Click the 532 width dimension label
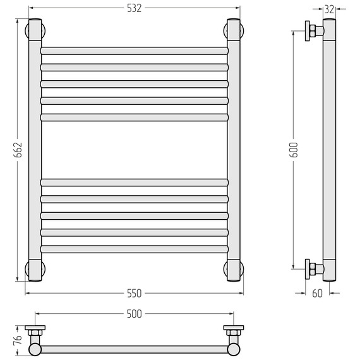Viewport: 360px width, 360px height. pos(135,8)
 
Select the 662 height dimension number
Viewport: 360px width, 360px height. pos(18,150)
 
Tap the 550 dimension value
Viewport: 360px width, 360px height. pos(135,294)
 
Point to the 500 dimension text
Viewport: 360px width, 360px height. pos(135,314)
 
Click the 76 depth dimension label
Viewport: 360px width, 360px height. pos(18,340)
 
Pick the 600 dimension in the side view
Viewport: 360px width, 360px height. pos(293,150)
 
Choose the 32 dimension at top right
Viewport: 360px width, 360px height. pos(329,9)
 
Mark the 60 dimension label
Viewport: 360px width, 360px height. pos(317,294)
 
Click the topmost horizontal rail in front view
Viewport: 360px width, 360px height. pos(135,51)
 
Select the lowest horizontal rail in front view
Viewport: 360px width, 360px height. pos(135,249)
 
